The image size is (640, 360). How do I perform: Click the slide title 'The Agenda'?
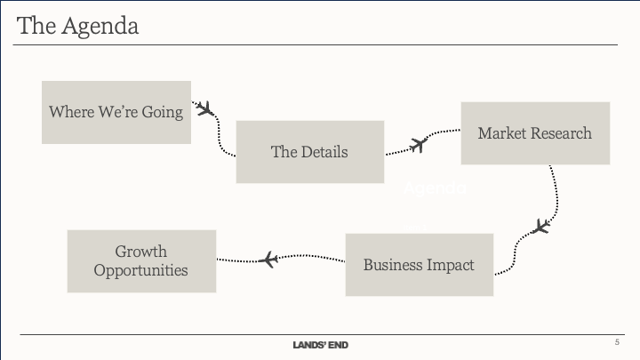coord(78,26)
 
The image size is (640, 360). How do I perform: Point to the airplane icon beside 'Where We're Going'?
coord(205,110)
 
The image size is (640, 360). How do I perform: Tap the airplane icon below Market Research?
coord(540,227)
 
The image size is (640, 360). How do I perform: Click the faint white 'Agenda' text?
coord(435,188)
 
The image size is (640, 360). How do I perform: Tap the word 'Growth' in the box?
coord(140,252)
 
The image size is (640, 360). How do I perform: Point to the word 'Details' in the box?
coord(324,151)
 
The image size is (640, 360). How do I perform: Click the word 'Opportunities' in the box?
coord(141,269)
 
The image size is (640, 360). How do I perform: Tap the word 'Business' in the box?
coord(391,265)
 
